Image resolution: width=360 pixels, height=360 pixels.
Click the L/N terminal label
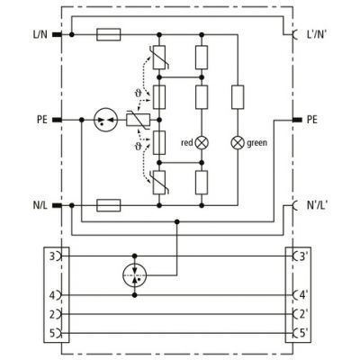pos(40,35)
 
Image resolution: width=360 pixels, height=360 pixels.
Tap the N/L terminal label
pos(40,205)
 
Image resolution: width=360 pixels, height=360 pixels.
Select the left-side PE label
pos(42,120)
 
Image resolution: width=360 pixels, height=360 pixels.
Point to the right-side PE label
pos(312,120)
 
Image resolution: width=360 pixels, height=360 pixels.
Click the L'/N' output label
pos(317,34)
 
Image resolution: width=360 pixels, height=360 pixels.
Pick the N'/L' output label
pos(317,205)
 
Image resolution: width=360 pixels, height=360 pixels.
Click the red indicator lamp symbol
pos(202,143)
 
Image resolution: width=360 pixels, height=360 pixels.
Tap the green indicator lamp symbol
pos(238,143)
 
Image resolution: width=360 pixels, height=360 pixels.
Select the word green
pos(256,143)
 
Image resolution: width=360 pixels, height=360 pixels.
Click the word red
pos(187,143)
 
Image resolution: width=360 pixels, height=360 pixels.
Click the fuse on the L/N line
pos(109,35)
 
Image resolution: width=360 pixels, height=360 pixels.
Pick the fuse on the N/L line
pos(109,205)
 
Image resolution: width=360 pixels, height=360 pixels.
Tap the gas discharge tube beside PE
pos(105,120)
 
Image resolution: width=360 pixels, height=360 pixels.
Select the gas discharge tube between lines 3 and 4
pos(135,275)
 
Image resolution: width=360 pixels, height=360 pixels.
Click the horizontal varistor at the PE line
pos(138,120)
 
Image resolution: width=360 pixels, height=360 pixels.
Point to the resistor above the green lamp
pos(238,97)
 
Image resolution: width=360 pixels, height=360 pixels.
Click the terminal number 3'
pos(301,256)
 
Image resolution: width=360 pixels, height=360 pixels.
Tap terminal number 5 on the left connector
pos(52,333)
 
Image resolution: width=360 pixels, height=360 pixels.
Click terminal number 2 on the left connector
pos(52,314)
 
